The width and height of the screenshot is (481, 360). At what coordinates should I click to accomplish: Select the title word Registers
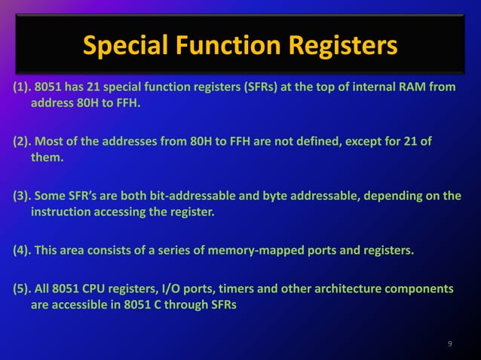[344, 47]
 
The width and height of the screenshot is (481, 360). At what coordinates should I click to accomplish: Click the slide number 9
[450, 344]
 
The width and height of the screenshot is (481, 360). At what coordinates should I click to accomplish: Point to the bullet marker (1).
[22, 87]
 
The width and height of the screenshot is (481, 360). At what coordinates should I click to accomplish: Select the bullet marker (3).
[22, 196]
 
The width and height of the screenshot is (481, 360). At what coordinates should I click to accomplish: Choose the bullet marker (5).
[22, 290]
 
